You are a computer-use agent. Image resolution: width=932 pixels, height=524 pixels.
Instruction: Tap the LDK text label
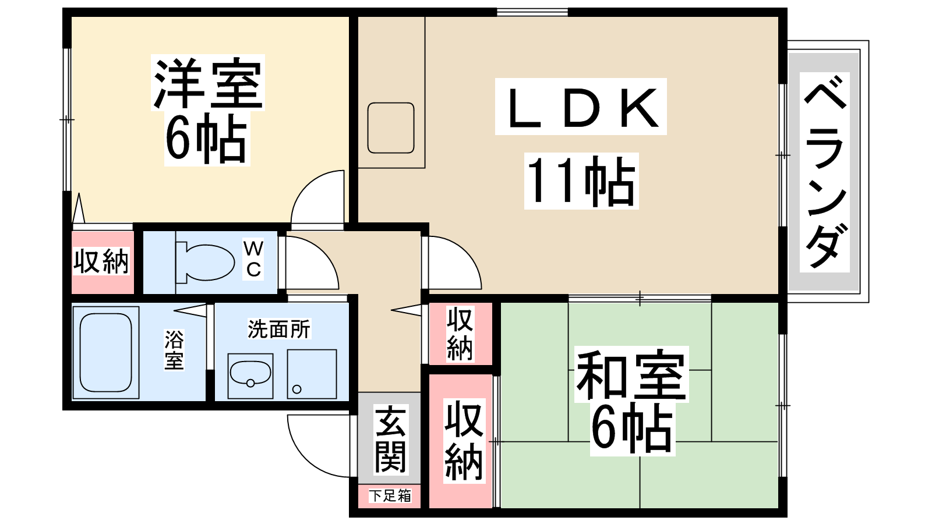click(x=581, y=107)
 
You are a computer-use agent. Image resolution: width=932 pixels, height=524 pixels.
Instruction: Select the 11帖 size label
click(x=581, y=181)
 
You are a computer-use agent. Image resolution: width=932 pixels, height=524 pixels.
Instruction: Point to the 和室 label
click(x=631, y=374)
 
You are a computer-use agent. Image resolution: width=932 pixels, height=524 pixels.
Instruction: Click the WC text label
click(x=253, y=259)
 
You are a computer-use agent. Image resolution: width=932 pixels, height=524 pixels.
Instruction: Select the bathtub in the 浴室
click(x=105, y=353)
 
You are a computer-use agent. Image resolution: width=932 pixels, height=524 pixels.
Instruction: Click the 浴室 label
click(x=174, y=350)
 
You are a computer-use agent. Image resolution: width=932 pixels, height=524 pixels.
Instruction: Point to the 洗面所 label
click(x=279, y=329)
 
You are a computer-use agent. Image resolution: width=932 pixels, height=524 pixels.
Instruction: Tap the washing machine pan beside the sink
click(x=312, y=374)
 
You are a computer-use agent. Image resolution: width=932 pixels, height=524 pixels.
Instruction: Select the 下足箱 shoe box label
click(x=390, y=495)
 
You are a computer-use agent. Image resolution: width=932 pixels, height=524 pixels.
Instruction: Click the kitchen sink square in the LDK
click(x=391, y=128)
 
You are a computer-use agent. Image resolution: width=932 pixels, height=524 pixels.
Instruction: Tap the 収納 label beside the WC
click(x=101, y=261)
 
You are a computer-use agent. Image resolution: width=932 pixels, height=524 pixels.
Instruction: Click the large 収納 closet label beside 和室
click(x=464, y=440)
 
